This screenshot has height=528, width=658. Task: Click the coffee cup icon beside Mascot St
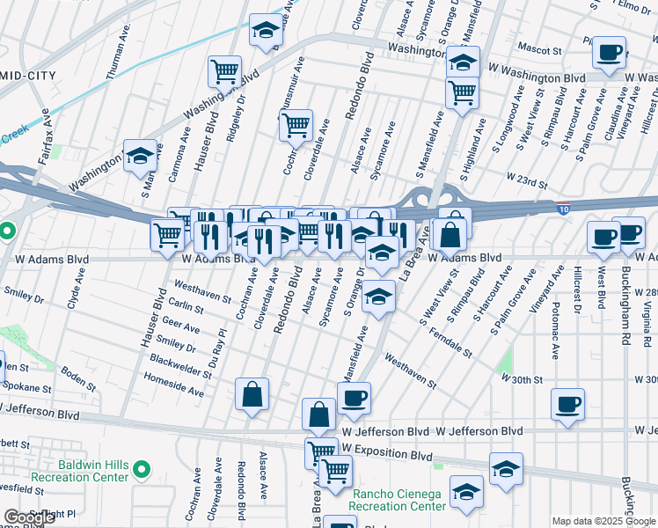click(609, 53)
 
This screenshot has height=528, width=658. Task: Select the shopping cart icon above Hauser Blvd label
click(225, 70)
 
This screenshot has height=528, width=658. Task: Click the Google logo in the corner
click(29, 517)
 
